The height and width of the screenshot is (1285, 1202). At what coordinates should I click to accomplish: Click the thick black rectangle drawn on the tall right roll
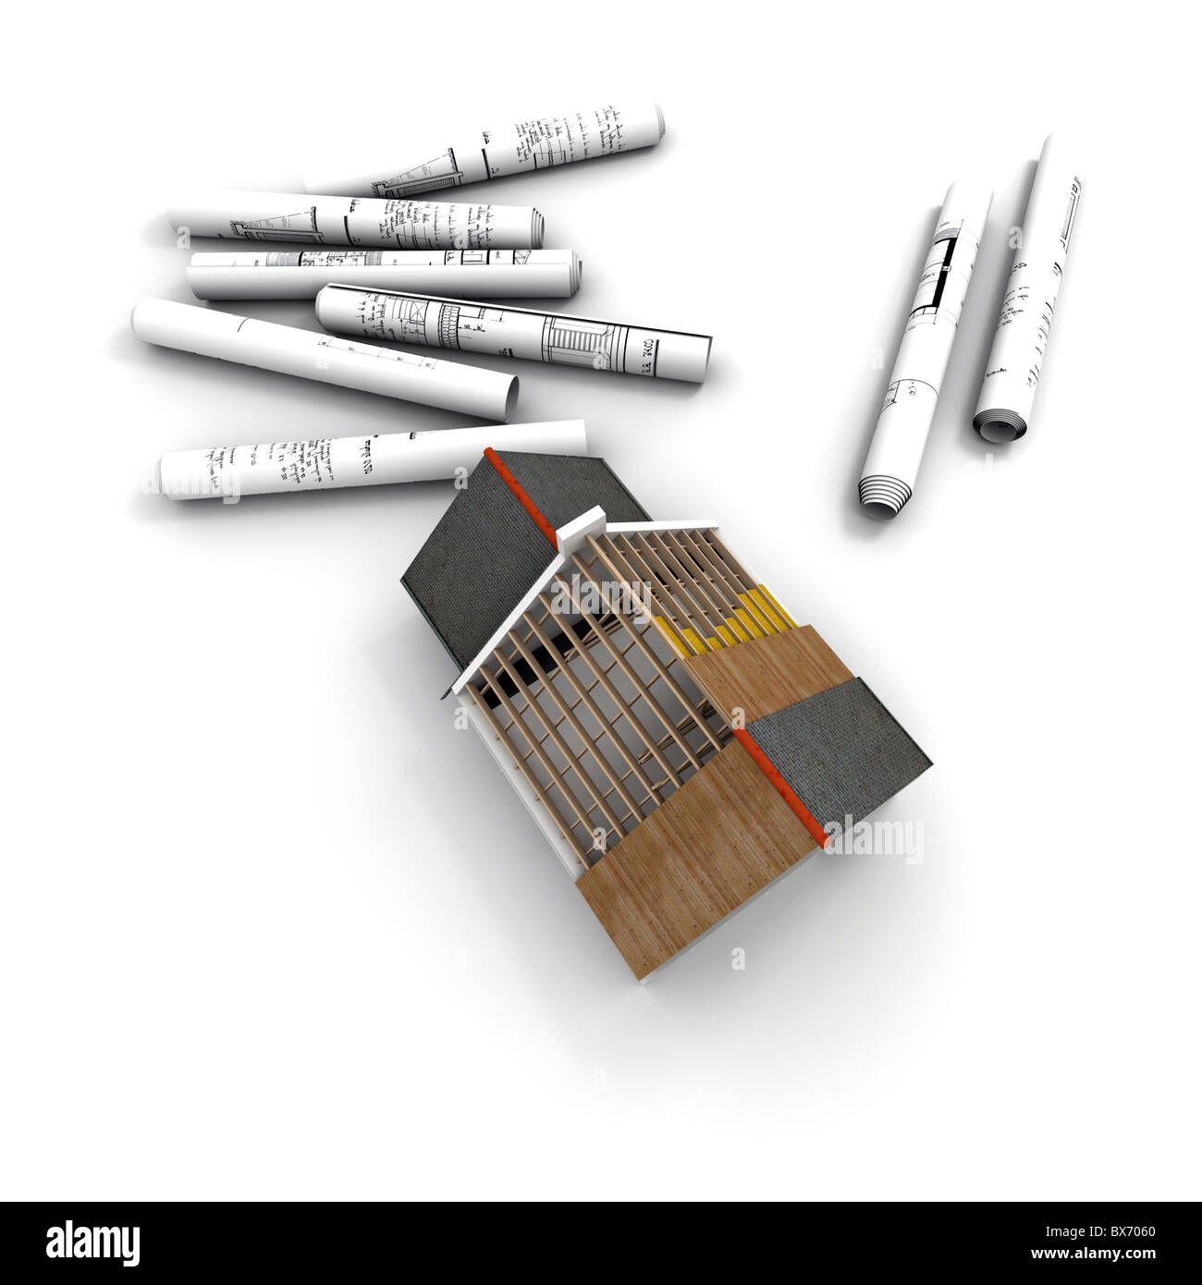pos(943,268)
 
